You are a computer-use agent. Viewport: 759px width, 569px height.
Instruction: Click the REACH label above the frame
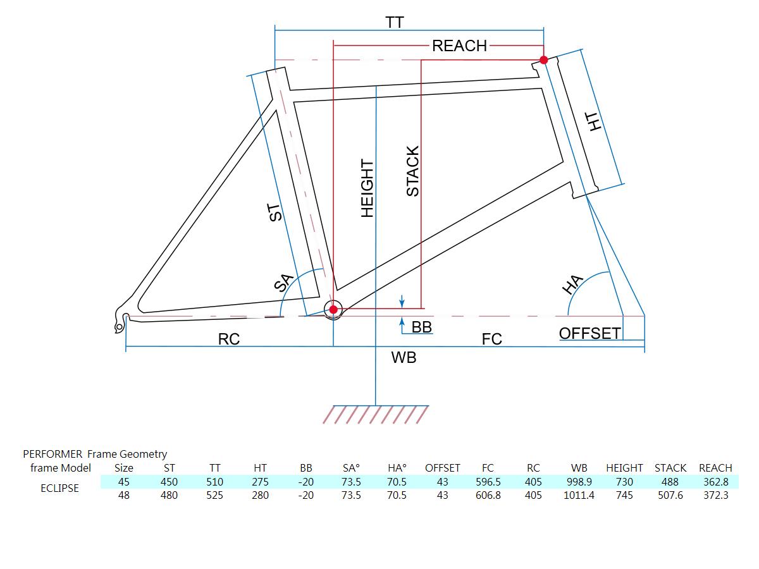coord(459,46)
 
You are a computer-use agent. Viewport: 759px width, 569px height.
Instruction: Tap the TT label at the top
coord(395,23)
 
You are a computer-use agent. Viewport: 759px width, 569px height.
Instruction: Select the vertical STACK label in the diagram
coord(412,171)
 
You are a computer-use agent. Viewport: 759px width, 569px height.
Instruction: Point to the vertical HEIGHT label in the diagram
coord(367,189)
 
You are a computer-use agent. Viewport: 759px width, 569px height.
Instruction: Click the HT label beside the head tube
coord(593,122)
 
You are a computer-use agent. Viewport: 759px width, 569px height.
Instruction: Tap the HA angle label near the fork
coord(572,284)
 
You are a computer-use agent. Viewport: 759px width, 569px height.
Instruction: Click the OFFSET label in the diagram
coord(589,333)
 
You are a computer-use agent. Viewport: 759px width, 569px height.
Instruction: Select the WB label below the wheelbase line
coord(404,358)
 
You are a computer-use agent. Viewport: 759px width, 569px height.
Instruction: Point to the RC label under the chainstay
coord(228,340)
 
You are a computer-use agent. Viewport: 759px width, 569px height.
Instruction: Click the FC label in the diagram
coord(491,340)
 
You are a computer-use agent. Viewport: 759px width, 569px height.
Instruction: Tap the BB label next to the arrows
coord(421,327)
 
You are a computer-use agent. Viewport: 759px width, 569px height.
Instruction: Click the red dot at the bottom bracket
coord(333,309)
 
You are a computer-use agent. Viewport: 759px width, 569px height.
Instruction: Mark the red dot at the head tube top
coord(543,60)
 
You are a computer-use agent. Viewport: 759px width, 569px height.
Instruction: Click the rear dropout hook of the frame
coord(121,319)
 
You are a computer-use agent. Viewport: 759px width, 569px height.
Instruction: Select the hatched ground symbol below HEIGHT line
coord(376,415)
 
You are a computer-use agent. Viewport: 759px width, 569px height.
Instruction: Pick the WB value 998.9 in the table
coord(579,482)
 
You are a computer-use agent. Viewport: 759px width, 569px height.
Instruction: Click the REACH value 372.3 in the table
coord(715,496)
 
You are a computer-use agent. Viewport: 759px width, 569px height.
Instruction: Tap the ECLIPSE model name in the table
coord(59,488)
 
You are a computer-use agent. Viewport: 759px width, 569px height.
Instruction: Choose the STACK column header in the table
coord(670,468)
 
